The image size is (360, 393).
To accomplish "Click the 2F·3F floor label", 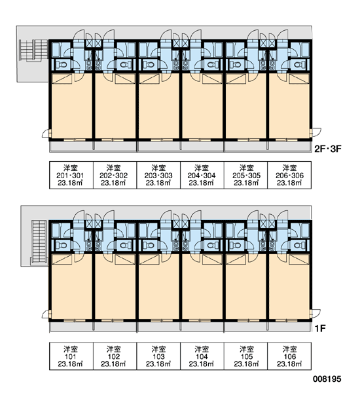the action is [x=328, y=149].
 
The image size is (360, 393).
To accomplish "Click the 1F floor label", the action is [x=320, y=328].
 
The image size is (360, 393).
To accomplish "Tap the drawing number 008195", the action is [x=327, y=379].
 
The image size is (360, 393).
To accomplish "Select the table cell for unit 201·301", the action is [x=71, y=175].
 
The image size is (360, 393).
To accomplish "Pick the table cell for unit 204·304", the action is [x=202, y=175].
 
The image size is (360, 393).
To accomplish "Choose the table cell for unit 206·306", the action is [x=289, y=175].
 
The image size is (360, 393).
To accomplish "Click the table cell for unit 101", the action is [x=71, y=356].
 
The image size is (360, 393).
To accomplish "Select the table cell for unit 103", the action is [x=158, y=356].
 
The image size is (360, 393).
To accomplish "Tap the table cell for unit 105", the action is [x=245, y=356].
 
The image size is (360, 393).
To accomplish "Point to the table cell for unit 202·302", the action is [x=115, y=175].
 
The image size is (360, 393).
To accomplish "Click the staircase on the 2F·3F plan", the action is [x=33, y=50].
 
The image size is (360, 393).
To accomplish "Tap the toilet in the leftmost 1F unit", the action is [x=61, y=245].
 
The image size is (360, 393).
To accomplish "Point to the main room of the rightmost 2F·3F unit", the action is [x=289, y=105].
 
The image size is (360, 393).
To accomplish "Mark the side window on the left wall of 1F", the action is [x=50, y=314].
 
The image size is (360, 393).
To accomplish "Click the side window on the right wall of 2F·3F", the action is [x=311, y=132].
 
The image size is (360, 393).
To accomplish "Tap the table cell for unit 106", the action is [x=289, y=356].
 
